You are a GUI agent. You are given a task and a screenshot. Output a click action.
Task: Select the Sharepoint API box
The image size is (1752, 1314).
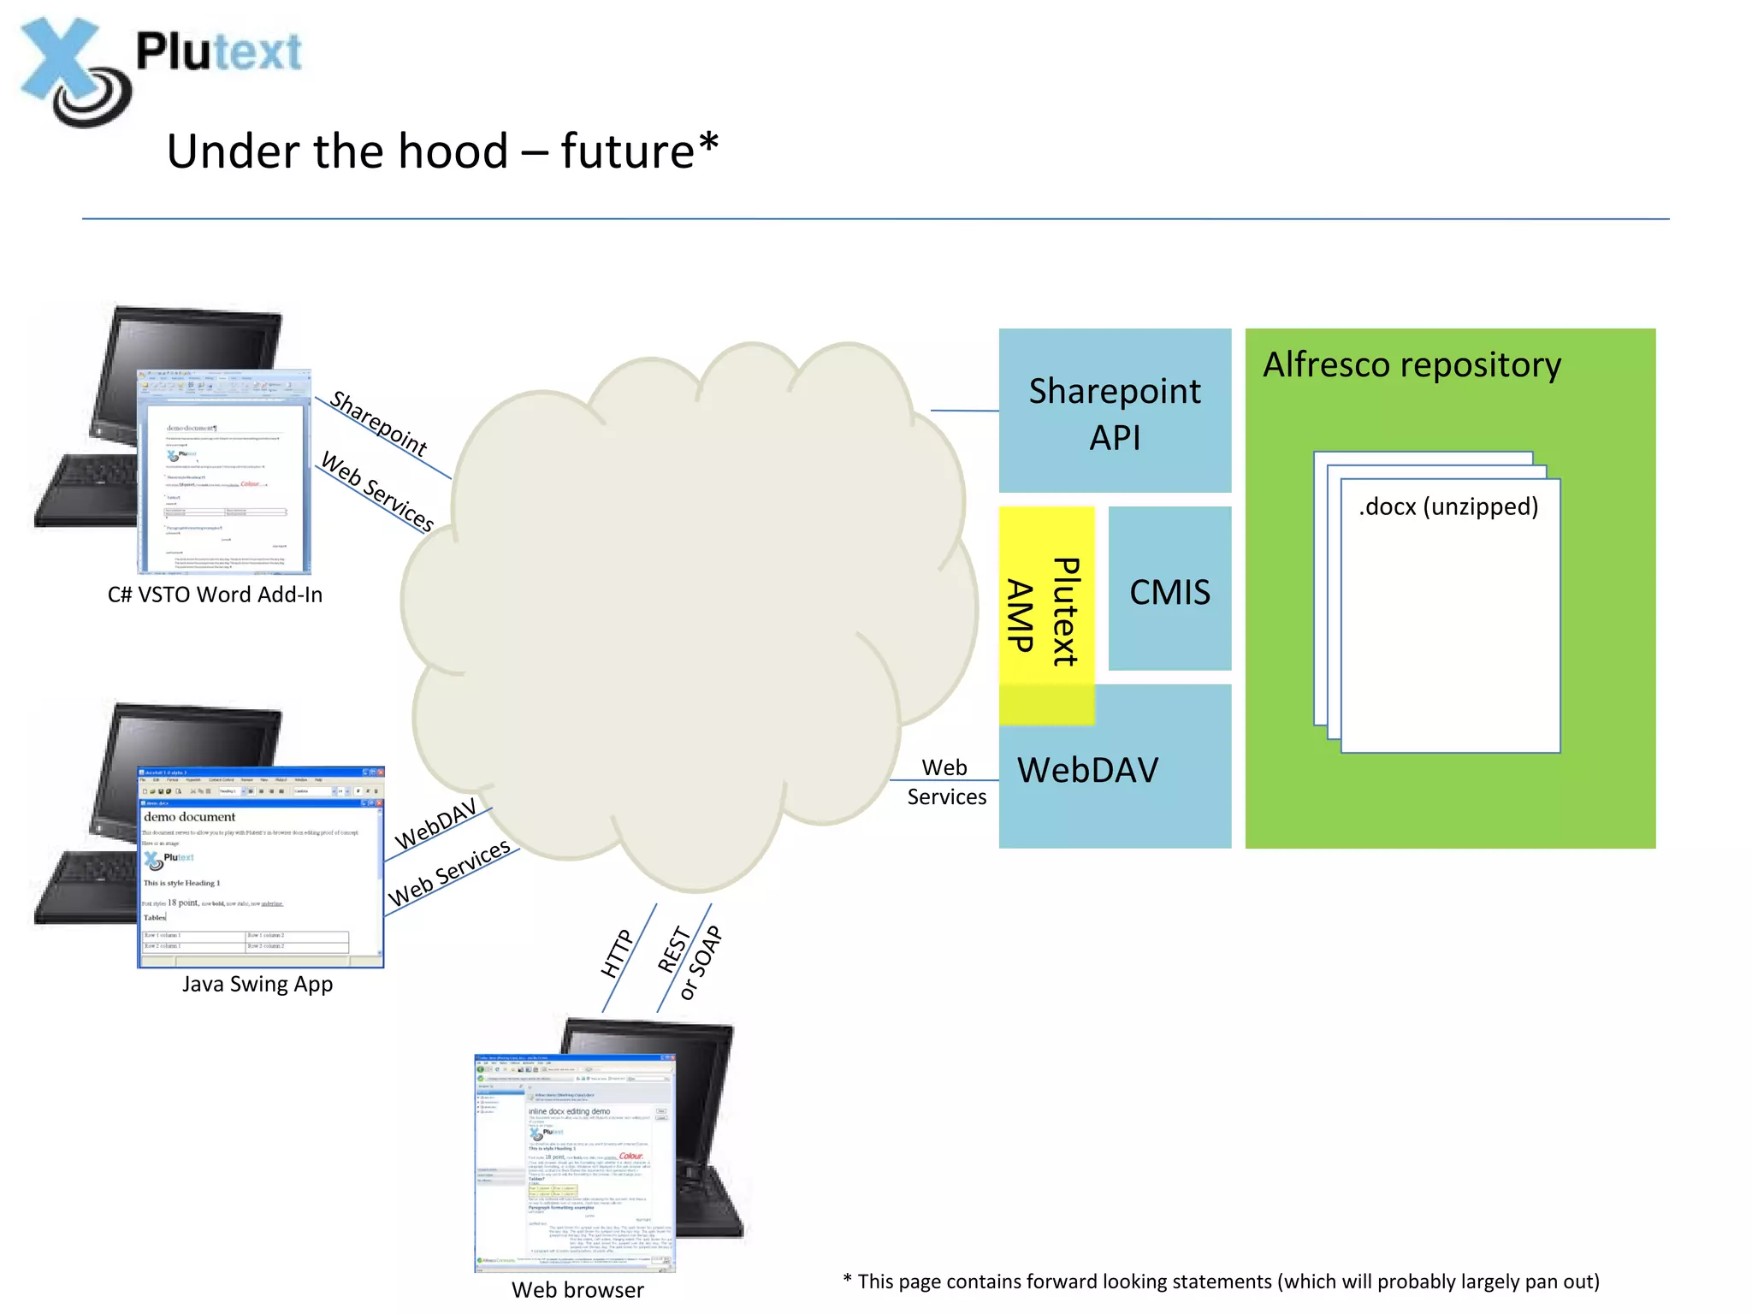click(x=1114, y=411)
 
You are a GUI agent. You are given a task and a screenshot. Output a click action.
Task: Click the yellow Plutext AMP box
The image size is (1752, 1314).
click(x=1045, y=613)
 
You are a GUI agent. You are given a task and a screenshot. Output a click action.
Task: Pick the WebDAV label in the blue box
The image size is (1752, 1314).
click(x=1087, y=770)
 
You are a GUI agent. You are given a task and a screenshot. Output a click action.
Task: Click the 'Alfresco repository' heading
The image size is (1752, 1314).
click(x=1412, y=365)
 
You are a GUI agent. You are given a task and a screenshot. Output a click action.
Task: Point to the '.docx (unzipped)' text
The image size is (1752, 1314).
click(x=1448, y=506)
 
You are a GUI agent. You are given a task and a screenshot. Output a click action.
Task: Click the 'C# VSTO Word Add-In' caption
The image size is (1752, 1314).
click(x=215, y=595)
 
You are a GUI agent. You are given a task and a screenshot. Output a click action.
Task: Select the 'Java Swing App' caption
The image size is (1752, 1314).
click(x=257, y=984)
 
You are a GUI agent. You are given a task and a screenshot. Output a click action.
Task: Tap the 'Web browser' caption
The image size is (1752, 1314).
click(x=577, y=1290)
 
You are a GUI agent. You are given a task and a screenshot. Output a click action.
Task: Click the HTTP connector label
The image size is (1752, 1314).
click(x=617, y=953)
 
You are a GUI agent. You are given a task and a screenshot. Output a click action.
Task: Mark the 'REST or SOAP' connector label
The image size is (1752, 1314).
click(x=690, y=962)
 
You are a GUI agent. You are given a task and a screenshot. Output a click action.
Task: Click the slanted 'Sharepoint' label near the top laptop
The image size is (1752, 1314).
click(x=379, y=423)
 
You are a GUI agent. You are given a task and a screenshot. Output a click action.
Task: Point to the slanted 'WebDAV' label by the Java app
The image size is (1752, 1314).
click(x=435, y=825)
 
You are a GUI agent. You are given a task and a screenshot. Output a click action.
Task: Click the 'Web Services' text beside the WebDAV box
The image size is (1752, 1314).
click(x=945, y=782)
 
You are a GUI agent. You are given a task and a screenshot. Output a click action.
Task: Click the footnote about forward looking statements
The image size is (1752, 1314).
click(x=1221, y=1281)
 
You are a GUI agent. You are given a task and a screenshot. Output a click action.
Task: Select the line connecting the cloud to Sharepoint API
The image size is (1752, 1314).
click(x=964, y=411)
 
